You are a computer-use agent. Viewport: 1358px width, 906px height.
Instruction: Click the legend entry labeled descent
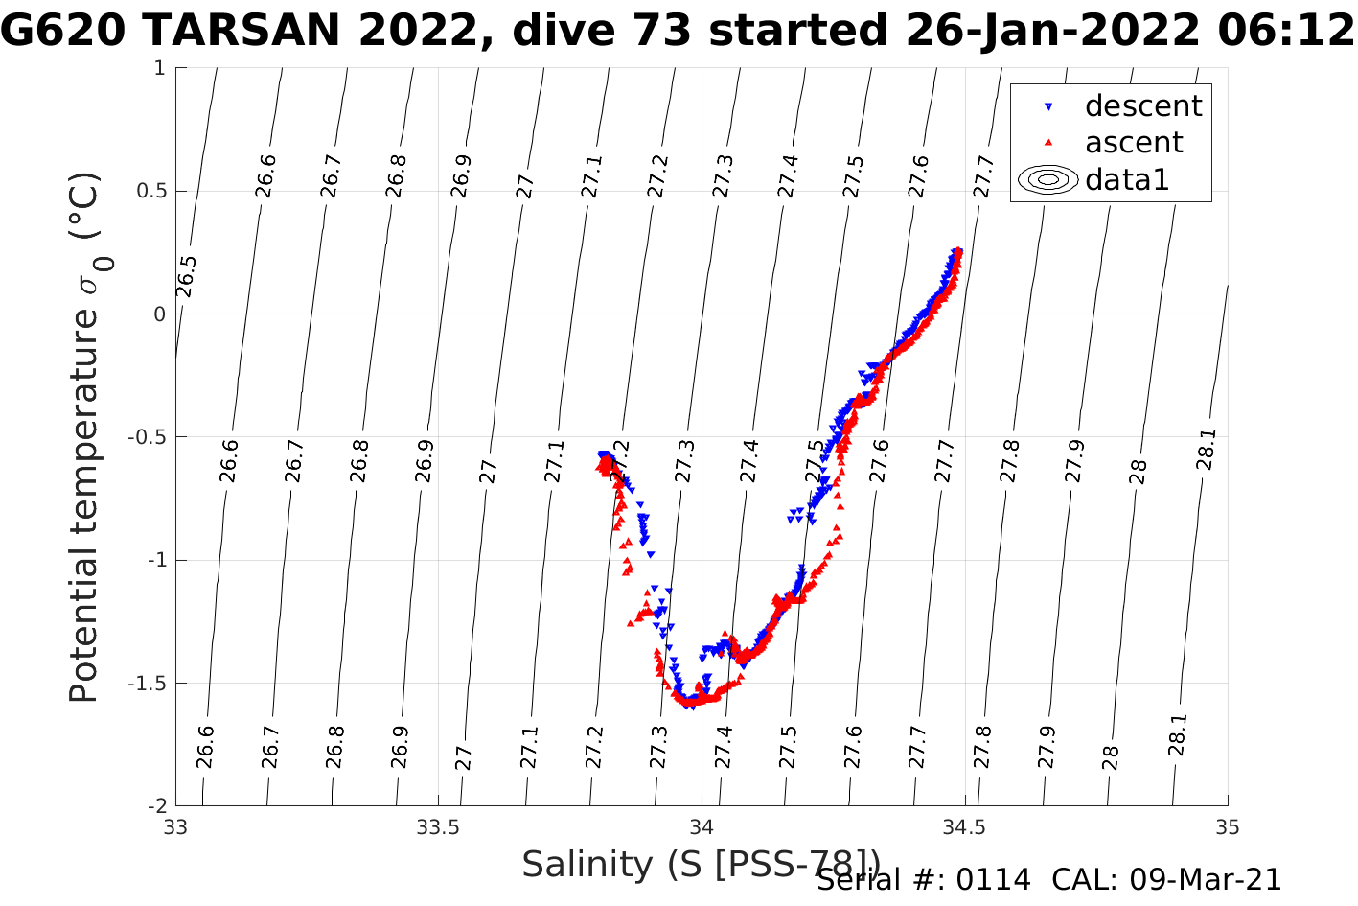(x=1142, y=105)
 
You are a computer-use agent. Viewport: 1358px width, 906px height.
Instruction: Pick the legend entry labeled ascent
(x=1133, y=143)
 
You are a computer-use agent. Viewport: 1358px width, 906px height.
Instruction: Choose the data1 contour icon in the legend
(x=1048, y=179)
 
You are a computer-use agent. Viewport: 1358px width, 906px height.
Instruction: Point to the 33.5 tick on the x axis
(x=438, y=826)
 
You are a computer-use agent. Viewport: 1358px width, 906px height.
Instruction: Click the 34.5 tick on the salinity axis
(x=964, y=826)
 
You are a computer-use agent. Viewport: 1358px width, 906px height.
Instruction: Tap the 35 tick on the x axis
(x=1227, y=826)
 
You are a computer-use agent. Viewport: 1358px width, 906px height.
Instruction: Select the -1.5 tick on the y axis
(x=147, y=684)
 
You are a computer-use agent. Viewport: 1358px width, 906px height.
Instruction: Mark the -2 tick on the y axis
(x=156, y=806)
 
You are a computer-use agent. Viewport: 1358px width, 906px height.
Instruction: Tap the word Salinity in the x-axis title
(x=587, y=865)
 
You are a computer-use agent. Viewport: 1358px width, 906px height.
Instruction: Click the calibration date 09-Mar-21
(x=1205, y=880)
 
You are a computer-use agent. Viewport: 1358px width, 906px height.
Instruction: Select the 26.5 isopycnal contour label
(x=187, y=277)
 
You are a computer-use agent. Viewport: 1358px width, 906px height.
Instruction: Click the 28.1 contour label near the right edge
(x=1206, y=450)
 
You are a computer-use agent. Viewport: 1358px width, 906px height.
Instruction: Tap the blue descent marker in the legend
(x=1048, y=106)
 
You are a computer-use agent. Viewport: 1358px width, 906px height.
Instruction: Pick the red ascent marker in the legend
(x=1048, y=143)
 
